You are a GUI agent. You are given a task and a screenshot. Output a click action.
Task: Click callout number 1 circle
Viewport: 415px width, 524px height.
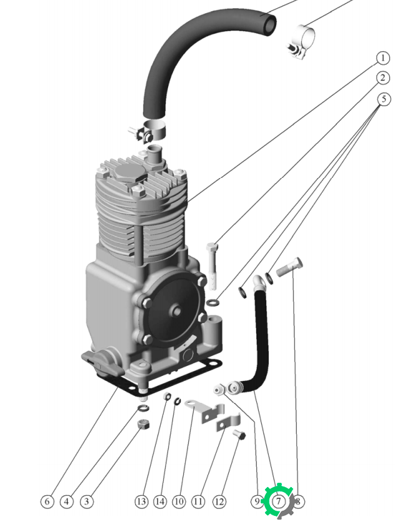click(383, 58)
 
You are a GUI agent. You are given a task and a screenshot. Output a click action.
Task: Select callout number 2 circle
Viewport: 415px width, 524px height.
click(383, 78)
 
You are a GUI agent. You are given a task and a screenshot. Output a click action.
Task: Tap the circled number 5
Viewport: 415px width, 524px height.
click(384, 99)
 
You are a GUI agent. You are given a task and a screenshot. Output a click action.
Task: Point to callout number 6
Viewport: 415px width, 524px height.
click(47, 502)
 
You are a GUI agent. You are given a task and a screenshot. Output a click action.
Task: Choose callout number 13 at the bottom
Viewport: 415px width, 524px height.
click(141, 502)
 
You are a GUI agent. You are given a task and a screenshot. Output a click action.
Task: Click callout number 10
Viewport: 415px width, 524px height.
click(179, 502)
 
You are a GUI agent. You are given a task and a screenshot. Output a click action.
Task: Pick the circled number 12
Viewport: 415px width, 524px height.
click(219, 502)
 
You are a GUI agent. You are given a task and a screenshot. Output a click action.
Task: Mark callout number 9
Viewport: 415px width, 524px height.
click(257, 502)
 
